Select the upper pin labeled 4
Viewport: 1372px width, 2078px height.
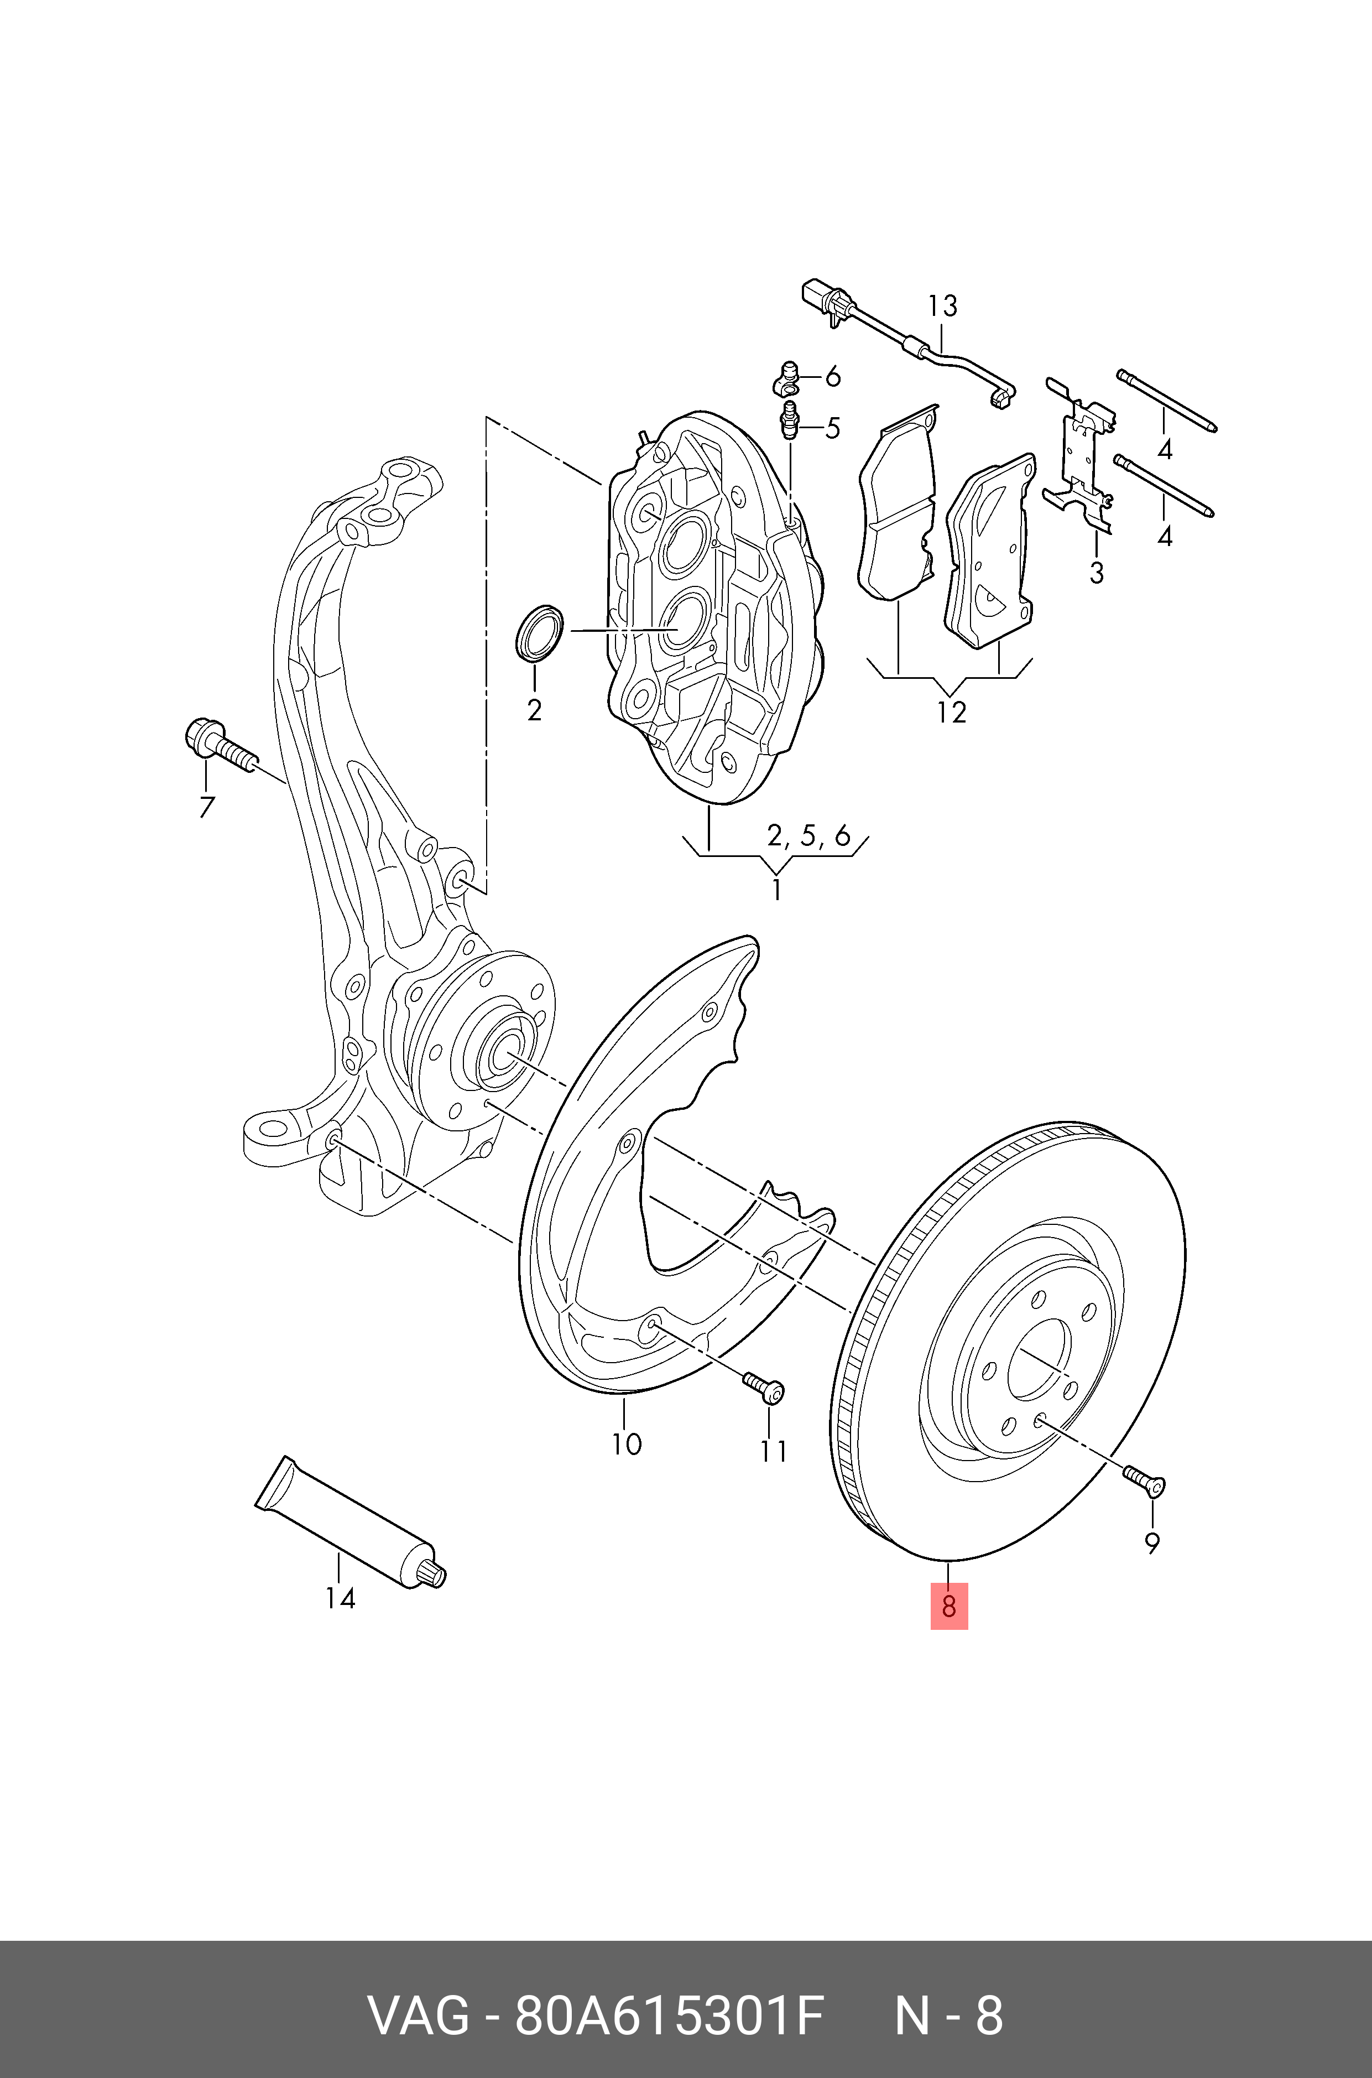(1166, 402)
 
